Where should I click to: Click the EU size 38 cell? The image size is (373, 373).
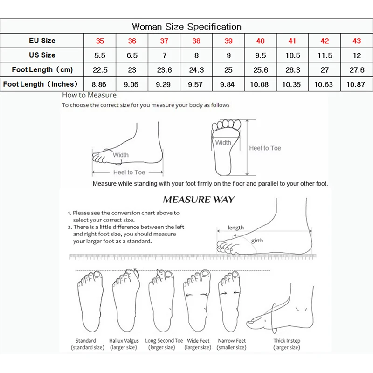(x=196, y=41)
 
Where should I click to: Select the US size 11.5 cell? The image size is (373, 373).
(x=325, y=55)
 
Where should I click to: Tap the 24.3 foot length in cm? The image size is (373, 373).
(x=196, y=70)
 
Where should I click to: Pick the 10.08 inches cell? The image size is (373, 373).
(x=261, y=84)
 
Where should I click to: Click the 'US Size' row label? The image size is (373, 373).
(x=42, y=55)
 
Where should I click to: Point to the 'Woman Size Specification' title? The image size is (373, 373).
(x=186, y=27)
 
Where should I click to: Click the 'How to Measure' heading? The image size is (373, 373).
(x=90, y=95)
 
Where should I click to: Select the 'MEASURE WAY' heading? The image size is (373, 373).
(x=199, y=200)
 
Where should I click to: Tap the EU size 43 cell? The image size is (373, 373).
(x=357, y=41)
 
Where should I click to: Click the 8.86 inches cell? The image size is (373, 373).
(x=100, y=84)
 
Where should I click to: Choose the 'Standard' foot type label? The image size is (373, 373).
(x=85, y=341)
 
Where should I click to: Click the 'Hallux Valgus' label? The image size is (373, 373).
(x=123, y=341)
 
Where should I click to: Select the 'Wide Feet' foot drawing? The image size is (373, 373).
(x=198, y=301)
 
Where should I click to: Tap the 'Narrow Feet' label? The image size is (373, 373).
(x=232, y=341)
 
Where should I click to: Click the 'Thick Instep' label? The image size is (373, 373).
(x=287, y=341)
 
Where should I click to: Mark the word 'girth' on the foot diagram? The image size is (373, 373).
(x=257, y=241)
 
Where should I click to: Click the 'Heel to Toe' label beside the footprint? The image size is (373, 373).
(x=265, y=148)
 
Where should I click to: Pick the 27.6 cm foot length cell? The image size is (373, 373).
(x=357, y=70)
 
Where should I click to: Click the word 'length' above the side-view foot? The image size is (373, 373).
(x=236, y=228)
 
